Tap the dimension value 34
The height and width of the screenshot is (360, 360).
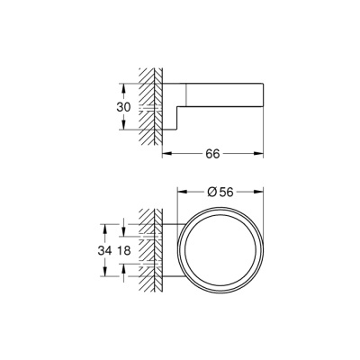coord(103,249)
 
